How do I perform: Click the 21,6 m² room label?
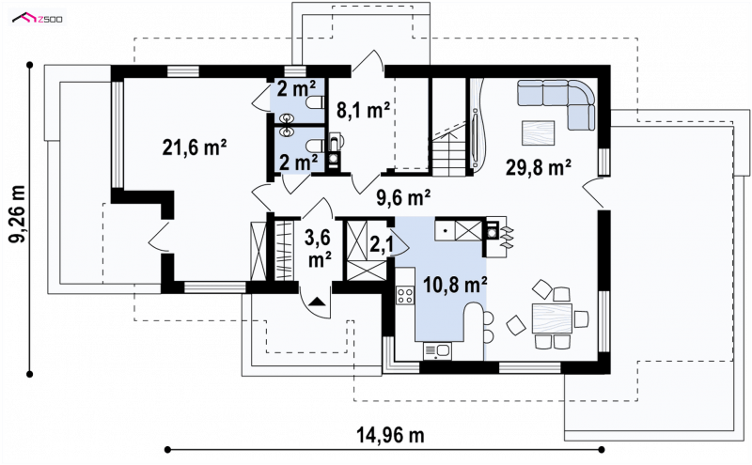tap(195, 147)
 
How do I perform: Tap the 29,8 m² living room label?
tap(538, 168)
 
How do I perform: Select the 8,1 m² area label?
tap(363, 110)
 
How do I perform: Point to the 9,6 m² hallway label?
tap(403, 197)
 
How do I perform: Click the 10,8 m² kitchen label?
tap(455, 285)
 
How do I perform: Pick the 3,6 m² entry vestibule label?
tap(318, 248)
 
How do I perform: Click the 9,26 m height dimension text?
tap(18, 213)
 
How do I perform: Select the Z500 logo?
tap(38, 19)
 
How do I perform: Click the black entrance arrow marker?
tap(317, 302)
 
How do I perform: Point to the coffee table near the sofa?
tap(538, 132)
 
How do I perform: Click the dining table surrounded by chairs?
tap(552, 318)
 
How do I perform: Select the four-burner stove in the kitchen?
tap(405, 294)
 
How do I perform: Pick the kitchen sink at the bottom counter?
tap(437, 351)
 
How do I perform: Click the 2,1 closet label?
tap(382, 244)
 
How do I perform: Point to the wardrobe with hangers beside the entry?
tap(284, 251)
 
